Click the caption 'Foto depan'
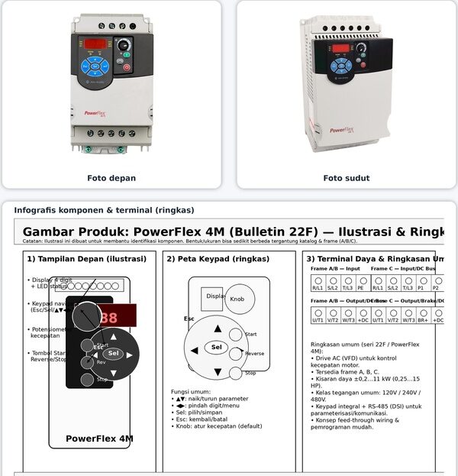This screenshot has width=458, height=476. [111, 178]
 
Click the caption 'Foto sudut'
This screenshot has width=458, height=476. [347, 178]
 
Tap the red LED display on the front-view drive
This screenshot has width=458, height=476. [95, 44]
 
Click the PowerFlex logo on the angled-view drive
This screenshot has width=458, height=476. [343, 130]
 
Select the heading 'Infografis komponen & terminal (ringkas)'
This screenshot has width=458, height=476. [104, 210]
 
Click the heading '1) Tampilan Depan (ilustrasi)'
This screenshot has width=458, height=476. [86, 259]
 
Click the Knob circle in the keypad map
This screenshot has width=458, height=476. [237, 299]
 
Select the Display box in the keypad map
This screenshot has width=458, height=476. [213, 296]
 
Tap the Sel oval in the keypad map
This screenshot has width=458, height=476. [217, 348]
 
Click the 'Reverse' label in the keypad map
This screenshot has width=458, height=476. [254, 354]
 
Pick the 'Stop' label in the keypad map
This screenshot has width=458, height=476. [250, 373]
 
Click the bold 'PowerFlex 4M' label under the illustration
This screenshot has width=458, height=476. [99, 439]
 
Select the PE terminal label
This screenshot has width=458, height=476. [361, 288]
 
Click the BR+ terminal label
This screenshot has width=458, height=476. [423, 320]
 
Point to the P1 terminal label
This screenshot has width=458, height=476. [421, 288]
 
